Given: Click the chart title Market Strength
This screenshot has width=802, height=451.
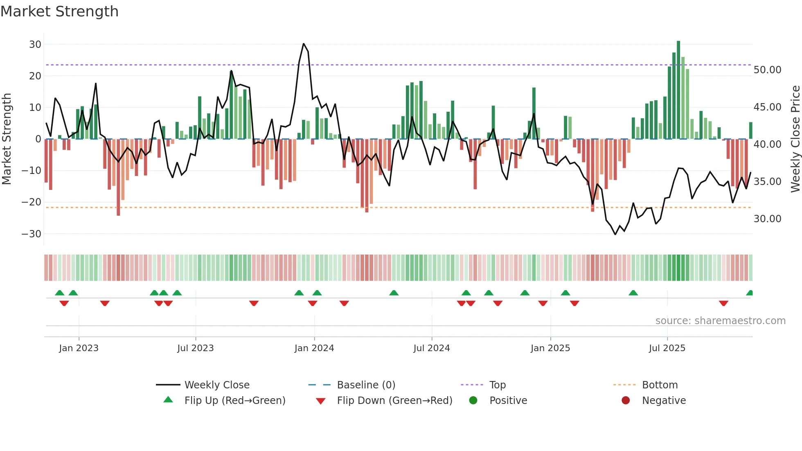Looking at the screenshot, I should coord(59,11).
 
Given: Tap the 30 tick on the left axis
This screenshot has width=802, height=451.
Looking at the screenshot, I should coord(35,44).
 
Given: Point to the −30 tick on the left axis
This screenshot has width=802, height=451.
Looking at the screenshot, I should coord(32,234).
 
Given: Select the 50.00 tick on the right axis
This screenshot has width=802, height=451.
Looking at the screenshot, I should coord(767,70).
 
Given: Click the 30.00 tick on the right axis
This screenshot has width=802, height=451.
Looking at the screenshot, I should coord(767,219).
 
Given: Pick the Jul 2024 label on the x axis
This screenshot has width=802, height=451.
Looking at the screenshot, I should coord(431,348).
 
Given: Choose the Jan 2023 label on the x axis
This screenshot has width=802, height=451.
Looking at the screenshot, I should coord(79,348).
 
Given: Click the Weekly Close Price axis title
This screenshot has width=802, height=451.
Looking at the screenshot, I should coord(795,139).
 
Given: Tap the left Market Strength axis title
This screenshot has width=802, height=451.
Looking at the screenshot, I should coord(7,139).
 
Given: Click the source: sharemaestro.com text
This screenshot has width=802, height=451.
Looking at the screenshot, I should coord(720,321).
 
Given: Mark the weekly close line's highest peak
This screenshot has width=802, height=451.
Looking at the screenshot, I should coord(304,44).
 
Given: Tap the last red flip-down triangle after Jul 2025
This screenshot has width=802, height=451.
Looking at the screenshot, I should coord(723,303).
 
